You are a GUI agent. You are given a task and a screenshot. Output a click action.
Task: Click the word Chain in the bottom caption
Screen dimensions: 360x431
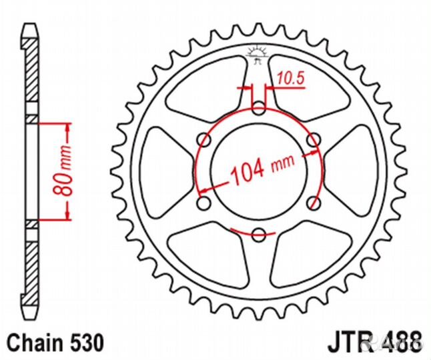[x=31, y=343]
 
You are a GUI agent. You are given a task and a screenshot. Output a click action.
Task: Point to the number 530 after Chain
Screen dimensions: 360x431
[x=85, y=343]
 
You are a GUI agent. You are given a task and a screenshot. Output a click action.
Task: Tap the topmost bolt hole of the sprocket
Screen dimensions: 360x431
[x=259, y=106]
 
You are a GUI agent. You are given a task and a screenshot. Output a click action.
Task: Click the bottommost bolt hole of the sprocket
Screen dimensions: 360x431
[x=259, y=233]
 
